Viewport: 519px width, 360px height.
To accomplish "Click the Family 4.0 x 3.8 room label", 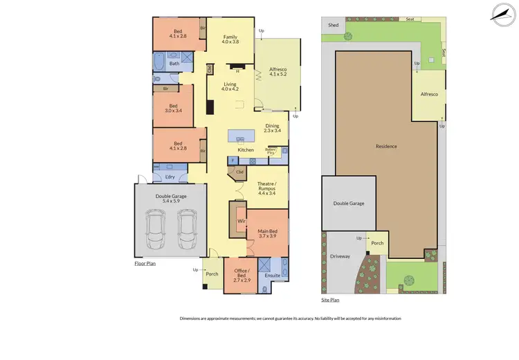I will (230, 39).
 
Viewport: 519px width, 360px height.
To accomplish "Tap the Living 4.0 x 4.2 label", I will (230, 87).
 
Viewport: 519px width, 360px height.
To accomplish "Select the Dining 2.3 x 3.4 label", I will (273, 128).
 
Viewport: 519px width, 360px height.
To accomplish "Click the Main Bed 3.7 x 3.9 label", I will (268, 233).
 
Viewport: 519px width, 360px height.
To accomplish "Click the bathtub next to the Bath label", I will (158, 64).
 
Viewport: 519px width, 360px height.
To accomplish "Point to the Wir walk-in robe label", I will (242, 222).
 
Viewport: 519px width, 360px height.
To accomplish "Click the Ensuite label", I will (273, 275).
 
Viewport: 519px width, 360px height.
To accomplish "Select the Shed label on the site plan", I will (334, 25).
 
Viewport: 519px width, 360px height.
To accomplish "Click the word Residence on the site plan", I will (386, 146).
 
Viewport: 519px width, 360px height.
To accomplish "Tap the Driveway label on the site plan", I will (340, 256).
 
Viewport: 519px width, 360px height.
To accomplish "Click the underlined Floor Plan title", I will (145, 264).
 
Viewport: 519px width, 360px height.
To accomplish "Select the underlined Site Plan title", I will (331, 300).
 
